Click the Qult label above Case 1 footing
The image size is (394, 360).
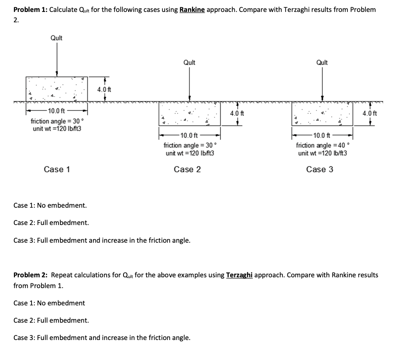[x=57, y=38]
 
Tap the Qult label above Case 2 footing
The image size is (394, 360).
[x=189, y=62]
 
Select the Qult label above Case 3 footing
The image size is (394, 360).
[x=322, y=62]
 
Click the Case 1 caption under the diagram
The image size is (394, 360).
[x=57, y=169]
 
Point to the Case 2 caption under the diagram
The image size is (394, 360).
[x=187, y=169]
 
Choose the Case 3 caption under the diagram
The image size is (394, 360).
[x=320, y=169]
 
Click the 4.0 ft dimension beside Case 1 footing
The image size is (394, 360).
[x=104, y=90]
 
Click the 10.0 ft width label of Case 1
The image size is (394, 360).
[x=56, y=112]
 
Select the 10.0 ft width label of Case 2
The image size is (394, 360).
[x=189, y=135]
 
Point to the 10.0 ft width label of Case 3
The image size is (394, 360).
[x=322, y=135]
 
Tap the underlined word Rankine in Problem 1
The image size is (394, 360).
[x=192, y=10]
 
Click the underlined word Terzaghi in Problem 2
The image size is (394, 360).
[x=239, y=275]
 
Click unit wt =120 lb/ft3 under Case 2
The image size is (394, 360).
[x=190, y=153]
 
